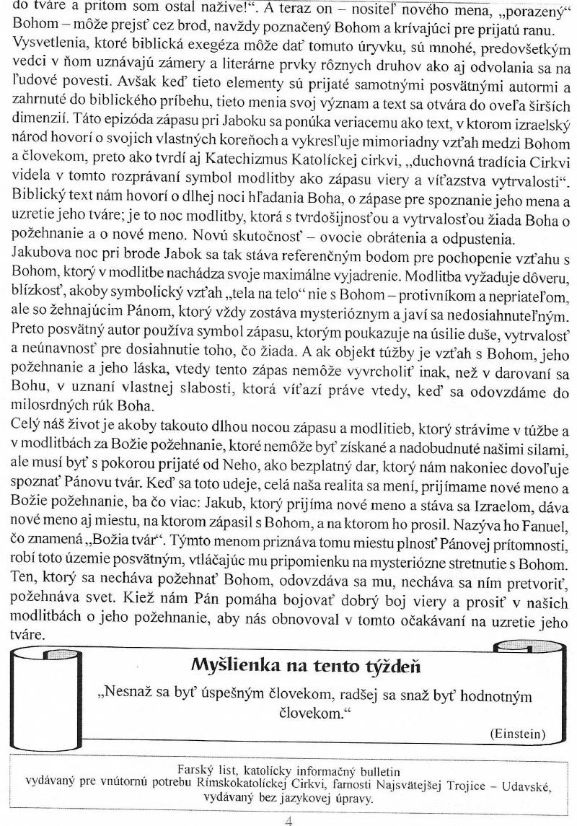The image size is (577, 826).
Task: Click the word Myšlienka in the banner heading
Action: (230, 664)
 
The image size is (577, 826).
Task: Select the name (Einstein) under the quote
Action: (517, 734)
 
